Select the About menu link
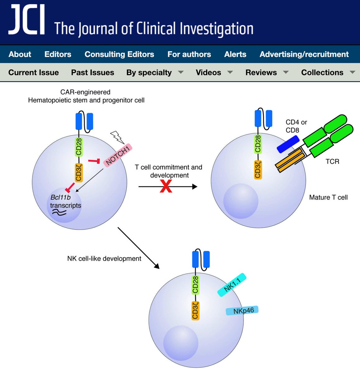(20, 54)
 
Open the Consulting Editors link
(119, 54)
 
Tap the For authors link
(189, 54)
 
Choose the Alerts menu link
(235, 54)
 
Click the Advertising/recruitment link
(304, 54)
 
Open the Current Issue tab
(34, 72)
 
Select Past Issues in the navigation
(92, 72)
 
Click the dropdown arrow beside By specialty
(181, 72)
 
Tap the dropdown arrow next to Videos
(230, 72)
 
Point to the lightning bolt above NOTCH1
(117, 137)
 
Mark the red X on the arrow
(166, 186)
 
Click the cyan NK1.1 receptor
(232, 285)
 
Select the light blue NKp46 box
(242, 311)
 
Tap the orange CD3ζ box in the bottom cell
(195, 310)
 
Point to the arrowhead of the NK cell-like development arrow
(157, 266)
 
